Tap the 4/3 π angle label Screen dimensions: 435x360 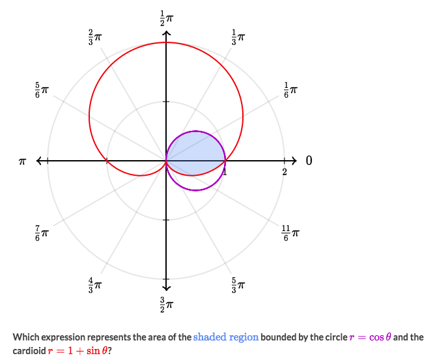click(x=95, y=284)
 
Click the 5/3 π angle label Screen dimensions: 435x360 click(x=238, y=284)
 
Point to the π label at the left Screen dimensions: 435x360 click(x=22, y=161)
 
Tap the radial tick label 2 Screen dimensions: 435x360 click(x=285, y=172)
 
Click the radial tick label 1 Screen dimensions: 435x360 click(x=225, y=171)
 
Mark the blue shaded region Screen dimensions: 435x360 click(x=195, y=156)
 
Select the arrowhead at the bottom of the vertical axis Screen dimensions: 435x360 click(x=166, y=286)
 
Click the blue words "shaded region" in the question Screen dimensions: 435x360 click(x=225, y=337)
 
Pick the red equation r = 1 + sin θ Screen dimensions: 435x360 click(x=77, y=350)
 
